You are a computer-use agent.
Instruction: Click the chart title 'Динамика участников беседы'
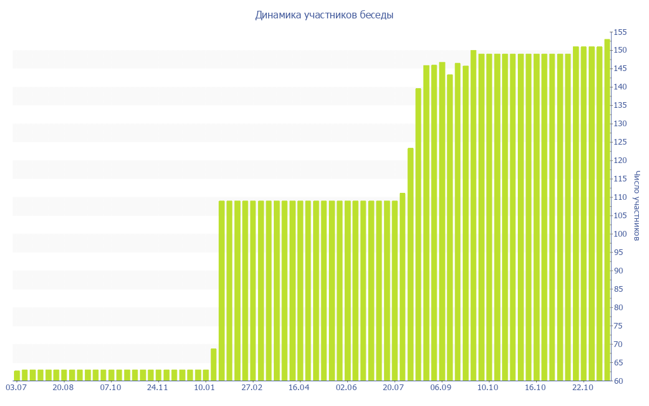click(x=324, y=15)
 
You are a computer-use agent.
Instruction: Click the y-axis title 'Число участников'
click(x=637, y=206)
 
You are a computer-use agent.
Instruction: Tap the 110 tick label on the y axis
click(x=619, y=198)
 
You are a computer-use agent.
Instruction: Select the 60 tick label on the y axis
click(x=619, y=381)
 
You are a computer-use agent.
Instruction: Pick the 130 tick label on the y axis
click(x=619, y=124)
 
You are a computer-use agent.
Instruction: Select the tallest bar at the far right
click(x=607, y=209)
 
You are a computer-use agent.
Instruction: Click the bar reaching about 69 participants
click(x=214, y=365)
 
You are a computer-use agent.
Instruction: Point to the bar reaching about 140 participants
click(x=418, y=235)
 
